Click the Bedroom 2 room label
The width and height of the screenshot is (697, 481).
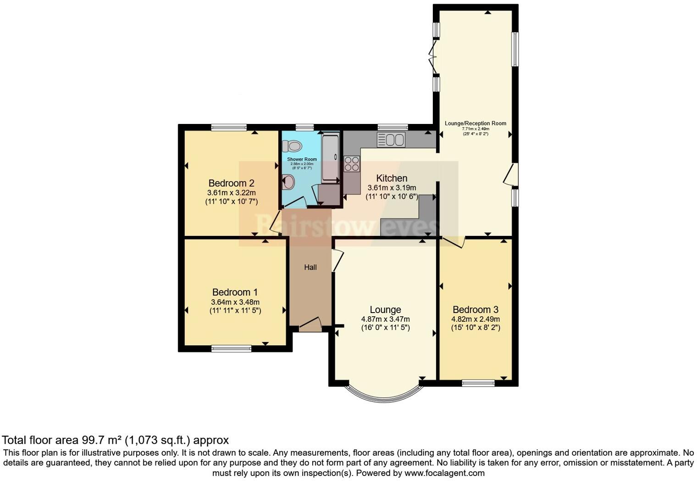[x=231, y=183]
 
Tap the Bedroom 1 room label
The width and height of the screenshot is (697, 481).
[x=235, y=292]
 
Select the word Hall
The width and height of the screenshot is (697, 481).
[x=310, y=267]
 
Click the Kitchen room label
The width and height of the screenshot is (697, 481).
[x=392, y=178]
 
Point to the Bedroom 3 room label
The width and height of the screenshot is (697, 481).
[x=476, y=309]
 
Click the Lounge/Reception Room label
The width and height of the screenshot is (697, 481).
[x=476, y=123]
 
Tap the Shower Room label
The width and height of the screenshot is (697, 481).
[x=302, y=159]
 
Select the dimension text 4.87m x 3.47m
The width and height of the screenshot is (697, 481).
[x=385, y=319]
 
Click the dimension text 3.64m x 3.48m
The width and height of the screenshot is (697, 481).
[x=235, y=302]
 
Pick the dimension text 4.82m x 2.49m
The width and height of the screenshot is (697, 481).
[x=476, y=319]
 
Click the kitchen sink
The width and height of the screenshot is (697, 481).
[x=391, y=140]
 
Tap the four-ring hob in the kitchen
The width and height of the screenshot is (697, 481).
[x=352, y=164]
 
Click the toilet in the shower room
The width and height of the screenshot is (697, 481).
[x=292, y=146]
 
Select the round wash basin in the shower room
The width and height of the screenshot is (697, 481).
[x=288, y=182]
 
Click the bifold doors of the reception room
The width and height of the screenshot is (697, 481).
[x=433, y=57]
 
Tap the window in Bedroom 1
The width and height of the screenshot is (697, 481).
[x=231, y=349]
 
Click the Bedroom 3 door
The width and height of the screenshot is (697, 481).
[x=454, y=241]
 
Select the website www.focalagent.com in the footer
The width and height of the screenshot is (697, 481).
[x=444, y=473]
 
